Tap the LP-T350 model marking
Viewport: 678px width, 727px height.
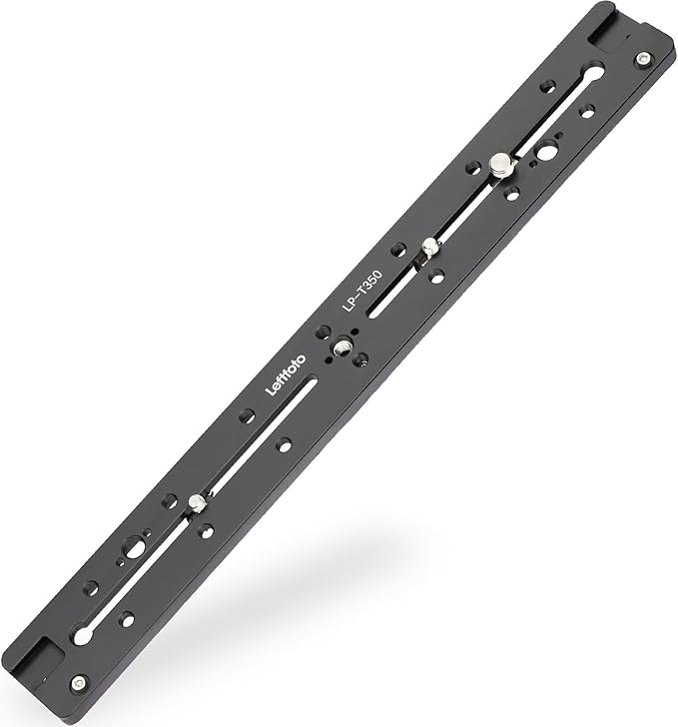point(362,291)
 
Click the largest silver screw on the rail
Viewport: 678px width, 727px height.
point(500,166)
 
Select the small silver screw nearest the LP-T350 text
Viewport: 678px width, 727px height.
point(430,246)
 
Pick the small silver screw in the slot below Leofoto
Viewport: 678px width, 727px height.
point(197,503)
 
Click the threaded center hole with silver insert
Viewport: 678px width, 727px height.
point(342,348)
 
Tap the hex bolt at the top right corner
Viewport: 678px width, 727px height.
point(642,59)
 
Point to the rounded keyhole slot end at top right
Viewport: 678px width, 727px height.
point(594,73)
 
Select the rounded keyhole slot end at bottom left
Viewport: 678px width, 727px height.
point(83,634)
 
